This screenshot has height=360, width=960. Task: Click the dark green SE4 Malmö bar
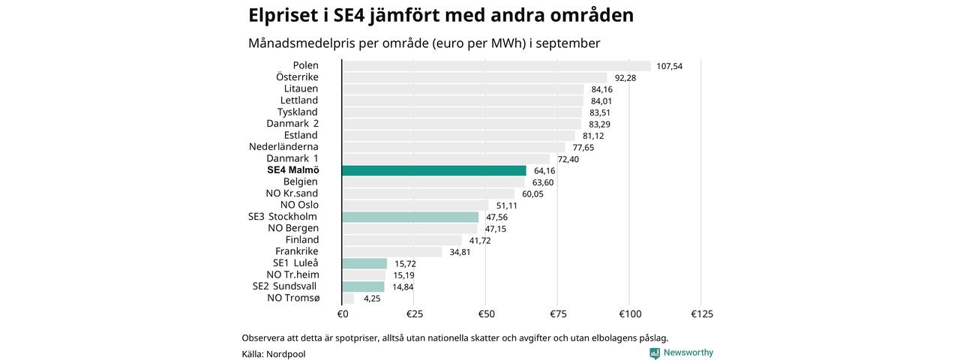coord(433,170)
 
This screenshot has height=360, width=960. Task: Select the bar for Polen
coord(496,66)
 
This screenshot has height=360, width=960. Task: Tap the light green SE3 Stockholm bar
coord(409,217)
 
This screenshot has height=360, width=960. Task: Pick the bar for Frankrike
coord(391,252)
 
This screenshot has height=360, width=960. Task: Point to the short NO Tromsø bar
coord(348,298)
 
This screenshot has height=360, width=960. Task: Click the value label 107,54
coord(669,66)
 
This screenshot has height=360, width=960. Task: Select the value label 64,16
coord(544,171)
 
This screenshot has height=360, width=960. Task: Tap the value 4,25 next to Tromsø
coord(372,298)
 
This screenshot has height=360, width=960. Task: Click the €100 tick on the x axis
coord(629,313)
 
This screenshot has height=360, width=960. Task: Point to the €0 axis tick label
coord(342,313)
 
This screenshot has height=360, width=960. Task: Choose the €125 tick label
coord(701,313)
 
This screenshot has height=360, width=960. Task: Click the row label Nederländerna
coord(283,147)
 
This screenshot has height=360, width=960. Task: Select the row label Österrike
coord(297,77)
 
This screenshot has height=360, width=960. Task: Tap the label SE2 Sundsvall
coord(284,286)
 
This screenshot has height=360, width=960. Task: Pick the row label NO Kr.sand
coord(292,193)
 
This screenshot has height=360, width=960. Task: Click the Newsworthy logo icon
coord(655,352)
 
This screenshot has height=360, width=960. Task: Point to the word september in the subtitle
coord(569,43)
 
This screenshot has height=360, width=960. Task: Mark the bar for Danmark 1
coord(445,159)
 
